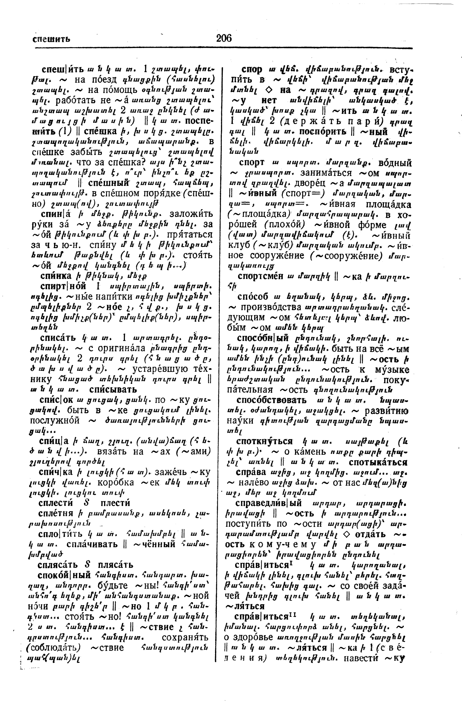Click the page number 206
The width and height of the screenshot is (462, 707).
pos(224,38)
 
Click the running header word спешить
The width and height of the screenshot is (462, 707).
pos(51,39)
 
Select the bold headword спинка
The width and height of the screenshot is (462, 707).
pos(56,276)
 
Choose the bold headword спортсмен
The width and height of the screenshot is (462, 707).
pos(260,276)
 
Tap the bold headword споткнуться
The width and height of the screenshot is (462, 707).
pos(264,441)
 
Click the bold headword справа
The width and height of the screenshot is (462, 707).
pos(250,472)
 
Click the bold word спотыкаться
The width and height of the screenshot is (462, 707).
pos(378,462)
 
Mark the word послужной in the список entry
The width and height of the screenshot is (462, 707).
pos(55,421)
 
